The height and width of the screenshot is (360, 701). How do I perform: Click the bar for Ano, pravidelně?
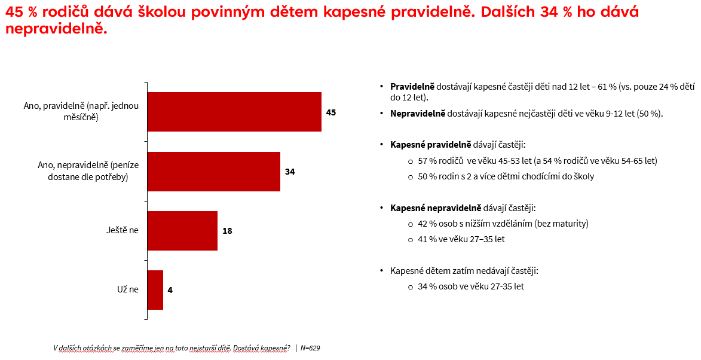coord(234,112)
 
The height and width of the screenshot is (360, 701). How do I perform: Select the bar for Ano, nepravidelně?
coord(213,172)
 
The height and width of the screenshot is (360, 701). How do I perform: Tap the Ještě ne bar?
coord(182,230)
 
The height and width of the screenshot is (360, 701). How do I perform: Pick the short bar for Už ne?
coord(155,290)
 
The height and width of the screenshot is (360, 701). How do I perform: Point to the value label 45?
coord(331,112)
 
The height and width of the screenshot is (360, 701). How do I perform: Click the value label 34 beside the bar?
coord(290,172)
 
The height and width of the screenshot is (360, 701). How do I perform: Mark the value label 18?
coord(227,230)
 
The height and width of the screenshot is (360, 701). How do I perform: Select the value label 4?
coord(170,290)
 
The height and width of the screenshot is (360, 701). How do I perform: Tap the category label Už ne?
coord(128,290)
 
